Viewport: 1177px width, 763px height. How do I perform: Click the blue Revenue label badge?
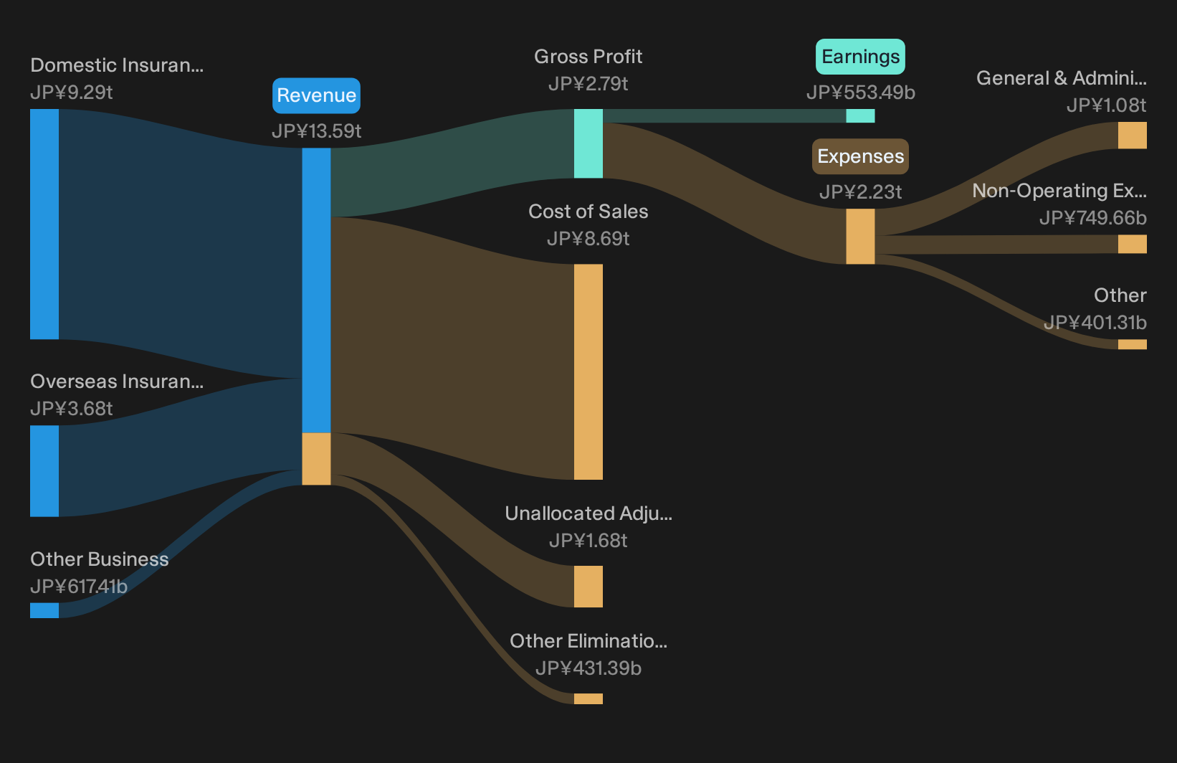click(316, 95)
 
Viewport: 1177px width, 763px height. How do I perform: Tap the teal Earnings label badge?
click(860, 57)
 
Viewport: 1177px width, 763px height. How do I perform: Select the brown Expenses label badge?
click(860, 157)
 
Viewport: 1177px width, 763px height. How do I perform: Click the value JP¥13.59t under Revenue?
click(316, 131)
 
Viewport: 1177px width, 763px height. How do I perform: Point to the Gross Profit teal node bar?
click(588, 143)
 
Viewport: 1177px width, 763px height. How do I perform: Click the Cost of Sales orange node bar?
click(588, 371)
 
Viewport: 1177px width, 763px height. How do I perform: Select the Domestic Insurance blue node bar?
click(44, 224)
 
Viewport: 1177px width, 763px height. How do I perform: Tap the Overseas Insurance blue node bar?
click(44, 471)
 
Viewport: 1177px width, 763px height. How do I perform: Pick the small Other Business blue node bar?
click(44, 610)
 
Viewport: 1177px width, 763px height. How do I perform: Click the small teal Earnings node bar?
click(860, 115)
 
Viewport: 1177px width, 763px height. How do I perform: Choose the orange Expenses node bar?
click(860, 237)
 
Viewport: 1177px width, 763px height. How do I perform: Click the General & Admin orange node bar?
click(1133, 135)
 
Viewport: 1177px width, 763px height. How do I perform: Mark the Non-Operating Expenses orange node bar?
click(1133, 244)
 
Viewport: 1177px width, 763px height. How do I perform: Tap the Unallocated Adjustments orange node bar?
click(588, 587)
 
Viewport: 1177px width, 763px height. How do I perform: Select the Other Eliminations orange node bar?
click(588, 699)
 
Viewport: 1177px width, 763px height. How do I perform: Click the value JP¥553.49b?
click(860, 93)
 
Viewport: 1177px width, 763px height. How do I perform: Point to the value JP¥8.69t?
click(588, 239)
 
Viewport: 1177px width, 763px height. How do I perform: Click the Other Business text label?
click(100, 559)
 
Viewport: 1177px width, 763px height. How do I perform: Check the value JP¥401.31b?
click(1095, 323)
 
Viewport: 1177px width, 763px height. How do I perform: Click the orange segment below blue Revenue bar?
click(316, 459)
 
